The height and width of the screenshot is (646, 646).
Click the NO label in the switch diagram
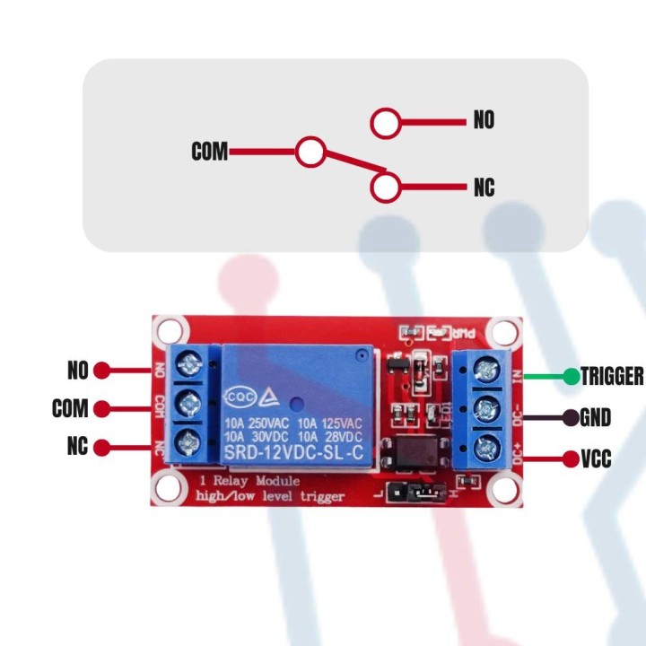coord(484,121)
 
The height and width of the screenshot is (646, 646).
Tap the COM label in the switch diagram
coord(209,153)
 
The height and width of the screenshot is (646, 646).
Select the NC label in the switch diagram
coord(484,188)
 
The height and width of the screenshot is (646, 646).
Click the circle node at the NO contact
coord(386,123)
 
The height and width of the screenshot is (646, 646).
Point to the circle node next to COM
coord(310,152)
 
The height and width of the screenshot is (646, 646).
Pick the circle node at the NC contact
coord(386,187)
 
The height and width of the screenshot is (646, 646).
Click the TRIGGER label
coord(612,376)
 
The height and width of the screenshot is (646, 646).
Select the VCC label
coord(596,459)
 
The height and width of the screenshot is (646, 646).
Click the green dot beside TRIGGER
coord(571,376)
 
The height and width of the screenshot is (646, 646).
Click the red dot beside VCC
coord(571,459)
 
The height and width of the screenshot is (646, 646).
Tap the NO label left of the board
coord(79,369)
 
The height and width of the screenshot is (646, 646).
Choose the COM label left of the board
coord(70,408)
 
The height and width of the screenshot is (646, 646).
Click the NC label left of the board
coord(79,447)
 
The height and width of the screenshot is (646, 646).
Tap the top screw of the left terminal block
coord(189,365)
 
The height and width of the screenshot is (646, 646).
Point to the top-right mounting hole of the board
coord(506,333)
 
